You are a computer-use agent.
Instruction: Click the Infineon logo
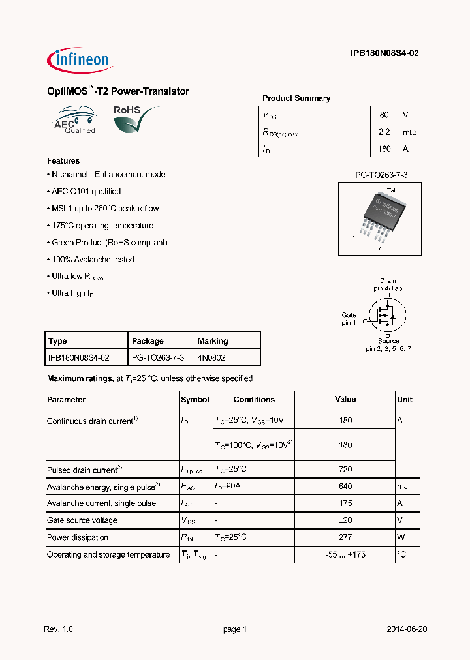point(81,60)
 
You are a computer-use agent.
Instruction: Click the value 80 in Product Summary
point(384,115)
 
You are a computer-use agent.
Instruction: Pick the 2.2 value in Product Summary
point(384,132)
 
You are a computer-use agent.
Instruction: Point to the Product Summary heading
point(296,98)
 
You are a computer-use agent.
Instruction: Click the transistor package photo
point(379,218)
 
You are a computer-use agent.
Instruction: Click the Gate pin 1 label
point(349,319)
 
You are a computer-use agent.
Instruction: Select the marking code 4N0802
point(212,358)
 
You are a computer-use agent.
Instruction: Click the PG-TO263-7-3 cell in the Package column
point(158,358)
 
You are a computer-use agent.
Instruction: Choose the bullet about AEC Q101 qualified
point(86,192)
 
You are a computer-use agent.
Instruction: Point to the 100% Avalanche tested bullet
point(92,260)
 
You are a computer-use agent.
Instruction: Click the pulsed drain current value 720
point(345,470)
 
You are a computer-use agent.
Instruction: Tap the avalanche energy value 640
point(345,487)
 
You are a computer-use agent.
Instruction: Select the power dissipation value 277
point(345,537)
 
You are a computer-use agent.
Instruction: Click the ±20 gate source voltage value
point(345,520)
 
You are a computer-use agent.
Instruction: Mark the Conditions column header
point(254,400)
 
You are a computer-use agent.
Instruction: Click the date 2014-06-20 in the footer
point(407,629)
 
